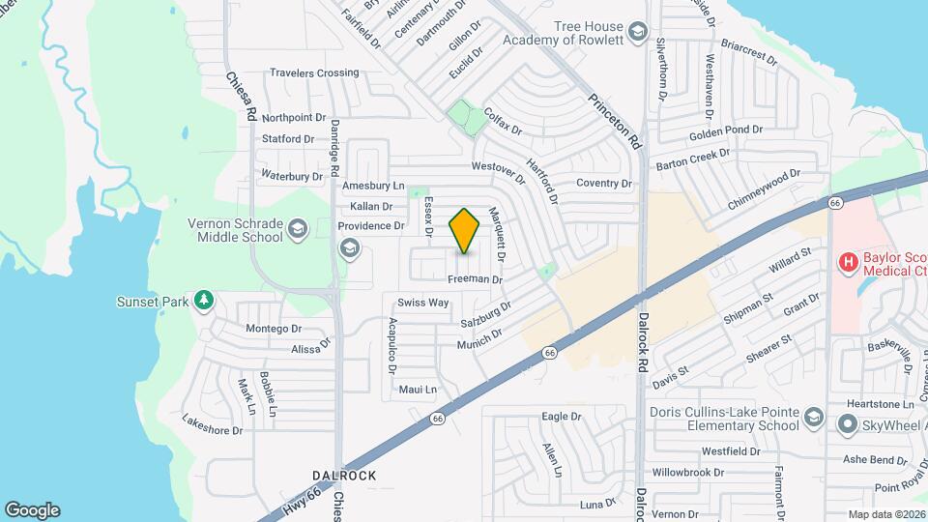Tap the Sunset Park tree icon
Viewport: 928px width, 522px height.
pos(203,302)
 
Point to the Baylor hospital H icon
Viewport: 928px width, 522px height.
pos(848,261)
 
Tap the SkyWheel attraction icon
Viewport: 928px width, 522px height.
pos(847,423)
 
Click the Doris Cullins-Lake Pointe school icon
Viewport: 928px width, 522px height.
pos(814,417)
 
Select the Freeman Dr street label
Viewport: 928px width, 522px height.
pos(476,279)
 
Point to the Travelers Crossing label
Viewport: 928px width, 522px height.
pos(314,72)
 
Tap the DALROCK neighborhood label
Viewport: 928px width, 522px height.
pos(343,476)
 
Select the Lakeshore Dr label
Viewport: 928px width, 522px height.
pos(212,424)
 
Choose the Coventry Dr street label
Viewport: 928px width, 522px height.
pos(603,183)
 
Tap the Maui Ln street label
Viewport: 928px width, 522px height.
pos(418,390)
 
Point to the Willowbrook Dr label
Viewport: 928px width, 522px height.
pos(688,473)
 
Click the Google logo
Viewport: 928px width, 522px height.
pos(32,509)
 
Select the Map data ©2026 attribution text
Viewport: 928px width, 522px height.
pos(886,514)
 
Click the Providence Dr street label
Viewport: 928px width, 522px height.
pos(370,225)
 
